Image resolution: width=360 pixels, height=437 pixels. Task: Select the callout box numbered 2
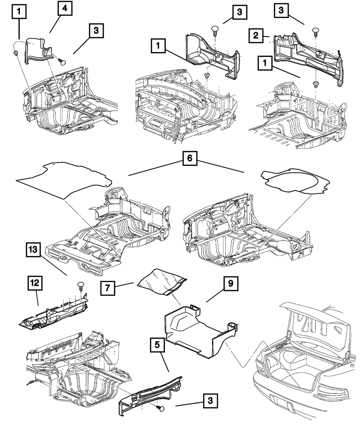click(256, 36)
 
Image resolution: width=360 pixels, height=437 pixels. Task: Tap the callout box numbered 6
click(190, 158)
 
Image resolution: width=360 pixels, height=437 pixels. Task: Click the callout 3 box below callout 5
click(210, 400)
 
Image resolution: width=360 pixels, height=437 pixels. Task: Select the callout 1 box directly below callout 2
click(265, 63)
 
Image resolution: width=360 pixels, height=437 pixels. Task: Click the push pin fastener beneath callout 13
click(81, 285)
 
